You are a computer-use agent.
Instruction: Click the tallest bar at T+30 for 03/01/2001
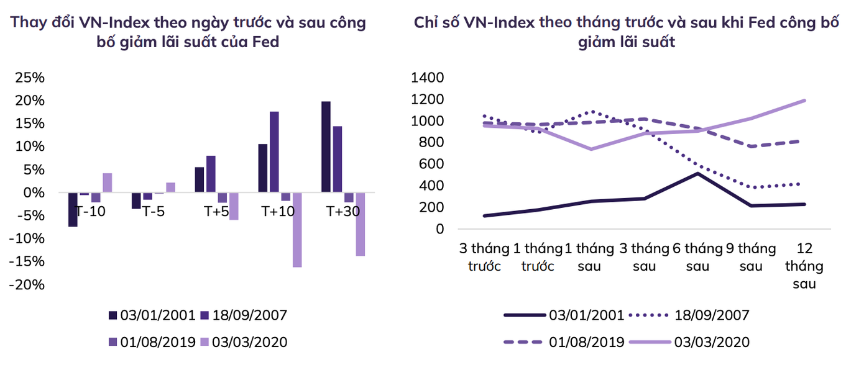[326, 146]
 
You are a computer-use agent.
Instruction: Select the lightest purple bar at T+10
[297, 230]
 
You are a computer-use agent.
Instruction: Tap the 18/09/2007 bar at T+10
[274, 152]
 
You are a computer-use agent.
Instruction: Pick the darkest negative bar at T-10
[73, 210]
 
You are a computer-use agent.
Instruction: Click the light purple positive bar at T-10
[108, 182]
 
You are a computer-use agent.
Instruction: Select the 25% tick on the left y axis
[30, 78]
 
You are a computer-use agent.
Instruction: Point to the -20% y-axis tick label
[27, 284]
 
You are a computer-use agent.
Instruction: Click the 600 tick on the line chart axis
[431, 164]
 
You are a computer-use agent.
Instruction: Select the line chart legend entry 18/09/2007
[712, 315]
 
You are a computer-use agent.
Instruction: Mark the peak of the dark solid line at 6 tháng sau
[697, 173]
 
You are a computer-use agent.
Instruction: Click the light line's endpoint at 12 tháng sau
[804, 101]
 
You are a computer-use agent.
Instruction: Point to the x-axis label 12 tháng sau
[804, 266]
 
